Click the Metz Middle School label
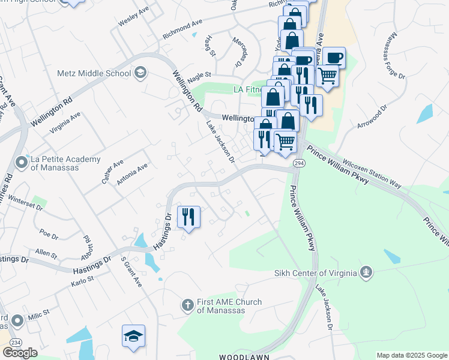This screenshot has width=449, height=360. tap(94, 73)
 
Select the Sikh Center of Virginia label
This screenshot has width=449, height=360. tap(315, 274)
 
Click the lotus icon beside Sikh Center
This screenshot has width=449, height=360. tap(365, 274)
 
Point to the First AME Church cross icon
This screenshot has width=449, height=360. tap(187, 305)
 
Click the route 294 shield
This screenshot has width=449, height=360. tap(298, 163)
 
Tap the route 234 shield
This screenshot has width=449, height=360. tap(13, 340)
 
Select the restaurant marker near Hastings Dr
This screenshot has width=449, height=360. tap(188, 217)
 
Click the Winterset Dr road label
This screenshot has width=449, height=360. tap(22, 205)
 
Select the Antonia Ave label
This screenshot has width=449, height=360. tap(131, 174)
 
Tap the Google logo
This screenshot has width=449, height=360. tap(19, 353)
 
